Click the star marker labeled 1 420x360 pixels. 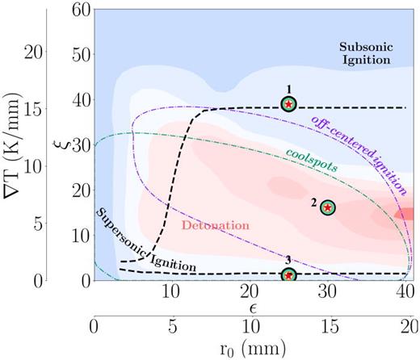point(289,104)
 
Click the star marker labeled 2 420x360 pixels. point(327,207)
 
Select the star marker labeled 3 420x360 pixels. point(289,275)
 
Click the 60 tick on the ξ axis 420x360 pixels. point(78,9)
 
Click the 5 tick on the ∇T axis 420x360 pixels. point(37,223)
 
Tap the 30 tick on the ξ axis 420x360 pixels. point(78,145)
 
